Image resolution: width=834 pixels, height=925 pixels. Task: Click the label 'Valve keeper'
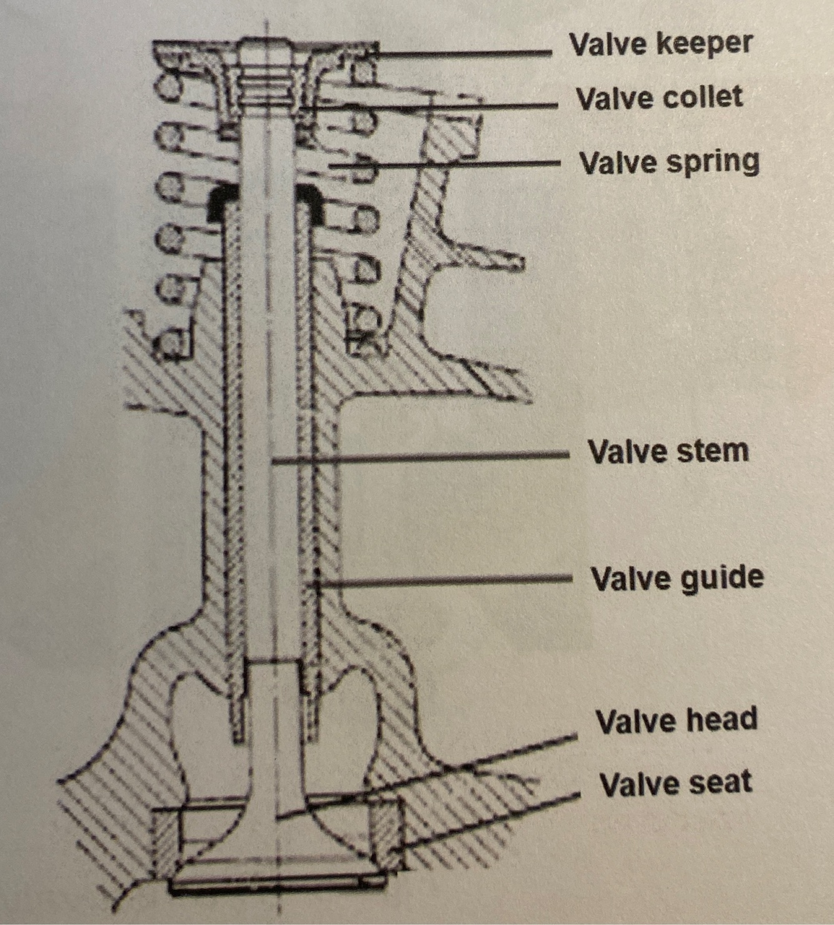(x=661, y=44)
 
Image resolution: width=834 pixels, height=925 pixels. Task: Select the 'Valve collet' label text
(x=659, y=98)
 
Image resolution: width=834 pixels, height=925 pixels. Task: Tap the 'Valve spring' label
(x=669, y=162)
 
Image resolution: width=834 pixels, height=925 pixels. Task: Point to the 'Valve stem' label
(x=668, y=451)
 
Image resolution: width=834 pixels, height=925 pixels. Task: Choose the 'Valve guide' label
(x=676, y=578)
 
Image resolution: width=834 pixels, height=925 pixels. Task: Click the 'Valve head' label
(x=676, y=721)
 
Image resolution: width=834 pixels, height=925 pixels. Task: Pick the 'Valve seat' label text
(x=675, y=784)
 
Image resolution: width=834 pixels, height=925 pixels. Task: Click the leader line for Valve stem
(x=419, y=459)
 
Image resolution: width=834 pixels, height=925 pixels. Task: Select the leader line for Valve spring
(x=444, y=164)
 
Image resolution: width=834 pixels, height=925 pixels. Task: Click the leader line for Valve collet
(x=438, y=107)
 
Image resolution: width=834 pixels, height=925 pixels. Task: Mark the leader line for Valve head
(x=438, y=775)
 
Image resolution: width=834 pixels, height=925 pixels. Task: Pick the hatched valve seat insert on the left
(x=166, y=841)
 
